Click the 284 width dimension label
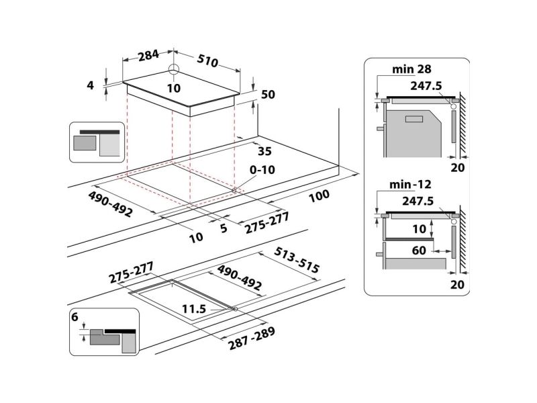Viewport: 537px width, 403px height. (x=148, y=55)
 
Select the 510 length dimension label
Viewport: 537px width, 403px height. (x=207, y=60)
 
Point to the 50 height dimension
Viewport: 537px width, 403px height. (x=268, y=94)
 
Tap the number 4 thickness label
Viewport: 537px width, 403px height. (x=90, y=85)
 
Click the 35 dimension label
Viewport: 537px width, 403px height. (x=264, y=151)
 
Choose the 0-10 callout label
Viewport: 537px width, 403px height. (x=262, y=169)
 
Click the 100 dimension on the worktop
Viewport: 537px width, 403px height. (x=320, y=196)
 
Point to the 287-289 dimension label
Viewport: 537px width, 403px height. (x=252, y=339)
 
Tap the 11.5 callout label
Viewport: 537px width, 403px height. (x=194, y=309)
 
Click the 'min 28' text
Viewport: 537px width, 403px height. (x=411, y=69)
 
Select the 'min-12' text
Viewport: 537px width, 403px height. (x=410, y=184)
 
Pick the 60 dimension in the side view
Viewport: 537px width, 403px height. (x=419, y=251)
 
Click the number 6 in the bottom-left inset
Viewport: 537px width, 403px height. (x=75, y=317)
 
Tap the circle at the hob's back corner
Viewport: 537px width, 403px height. (x=174, y=69)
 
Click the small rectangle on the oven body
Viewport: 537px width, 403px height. (x=415, y=120)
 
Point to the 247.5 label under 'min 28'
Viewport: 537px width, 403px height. (x=426, y=86)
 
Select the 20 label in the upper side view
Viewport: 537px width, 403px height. (x=457, y=167)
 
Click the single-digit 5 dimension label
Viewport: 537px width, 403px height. (x=224, y=228)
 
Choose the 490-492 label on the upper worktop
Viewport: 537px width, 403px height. (x=110, y=204)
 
